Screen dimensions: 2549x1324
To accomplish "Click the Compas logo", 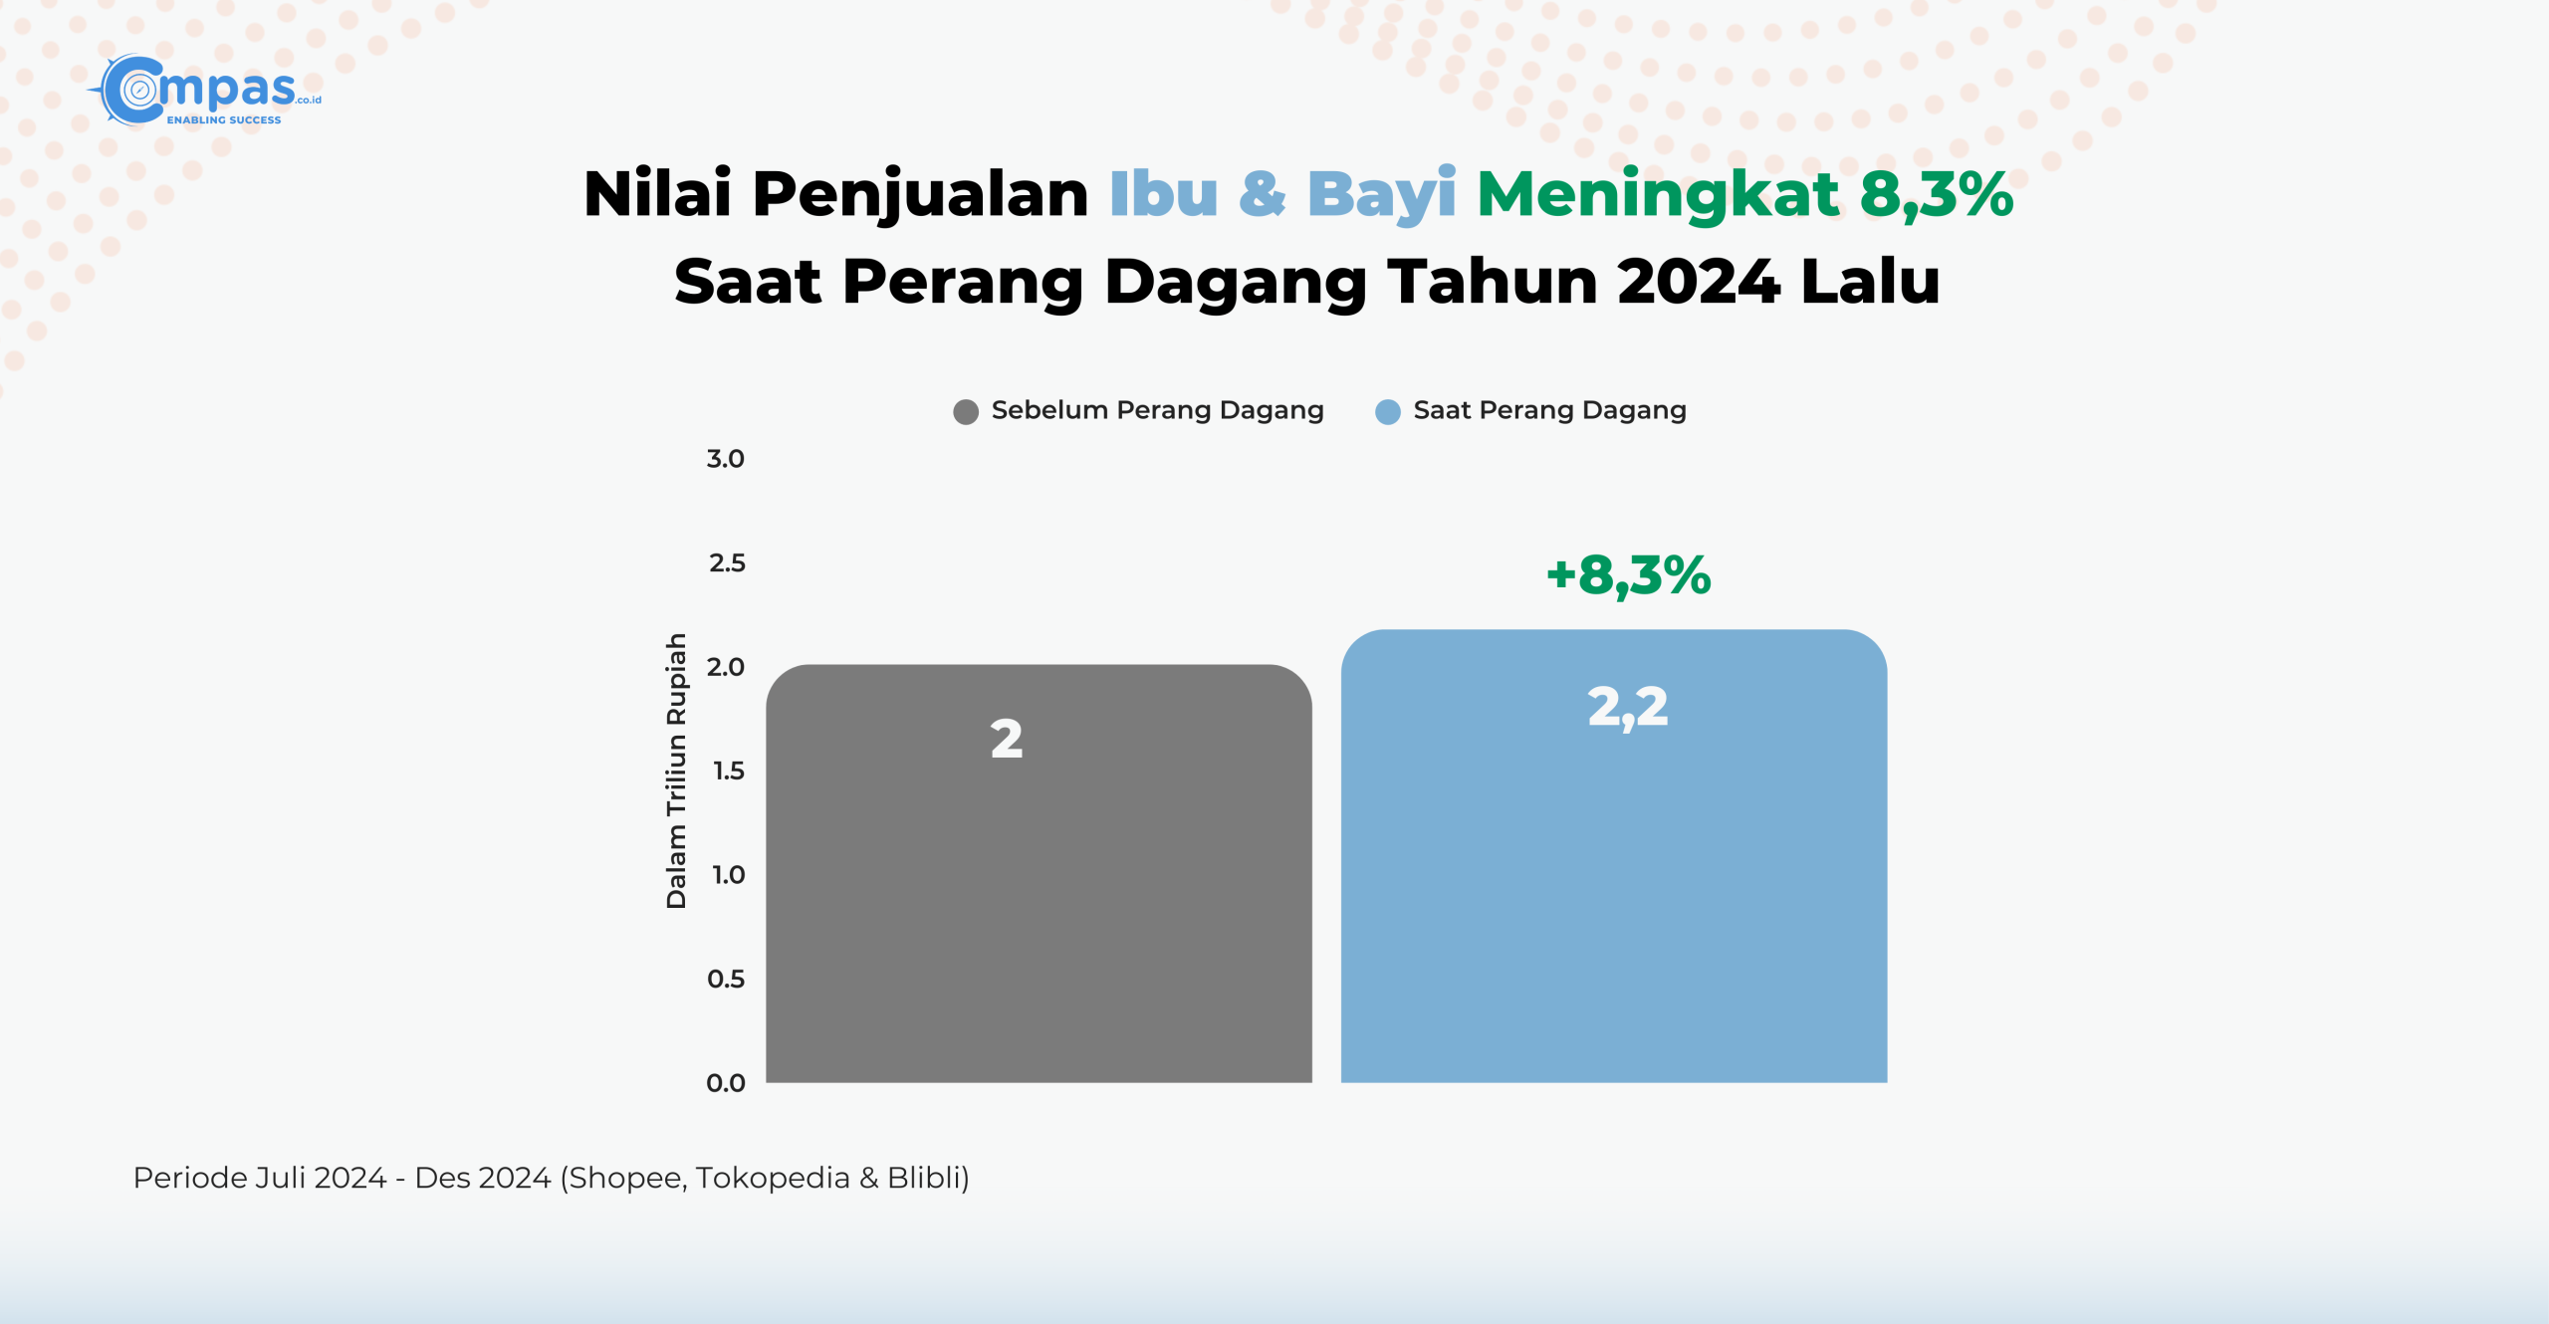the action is click(205, 91).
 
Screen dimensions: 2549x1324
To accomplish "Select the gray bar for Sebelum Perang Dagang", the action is click(1039, 873).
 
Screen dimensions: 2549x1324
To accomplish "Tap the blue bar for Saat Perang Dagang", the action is click(1614, 856).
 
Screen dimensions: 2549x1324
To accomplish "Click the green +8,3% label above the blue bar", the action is click(1629, 575).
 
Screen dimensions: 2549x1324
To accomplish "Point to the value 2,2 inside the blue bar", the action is click(1628, 708).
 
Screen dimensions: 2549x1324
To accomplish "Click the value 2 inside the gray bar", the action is click(1007, 740).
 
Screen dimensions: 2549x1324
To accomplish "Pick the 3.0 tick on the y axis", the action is click(726, 459).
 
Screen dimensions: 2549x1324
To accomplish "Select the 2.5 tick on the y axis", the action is click(727, 563).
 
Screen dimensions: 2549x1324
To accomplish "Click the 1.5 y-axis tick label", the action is click(729, 771).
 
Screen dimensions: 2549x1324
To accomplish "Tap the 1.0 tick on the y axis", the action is click(729, 875).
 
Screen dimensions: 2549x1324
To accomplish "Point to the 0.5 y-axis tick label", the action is click(726, 979).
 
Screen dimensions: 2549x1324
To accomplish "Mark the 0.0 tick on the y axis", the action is click(726, 1083).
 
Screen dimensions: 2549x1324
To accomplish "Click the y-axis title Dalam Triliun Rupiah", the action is click(676, 771).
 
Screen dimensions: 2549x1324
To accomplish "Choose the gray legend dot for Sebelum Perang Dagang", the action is click(966, 412).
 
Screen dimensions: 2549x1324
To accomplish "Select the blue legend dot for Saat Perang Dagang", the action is click(1388, 412).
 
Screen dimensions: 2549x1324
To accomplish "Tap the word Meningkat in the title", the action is click(1658, 195).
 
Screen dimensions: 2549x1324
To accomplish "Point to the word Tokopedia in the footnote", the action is click(773, 1178).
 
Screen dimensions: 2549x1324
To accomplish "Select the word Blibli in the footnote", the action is click(924, 1178).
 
